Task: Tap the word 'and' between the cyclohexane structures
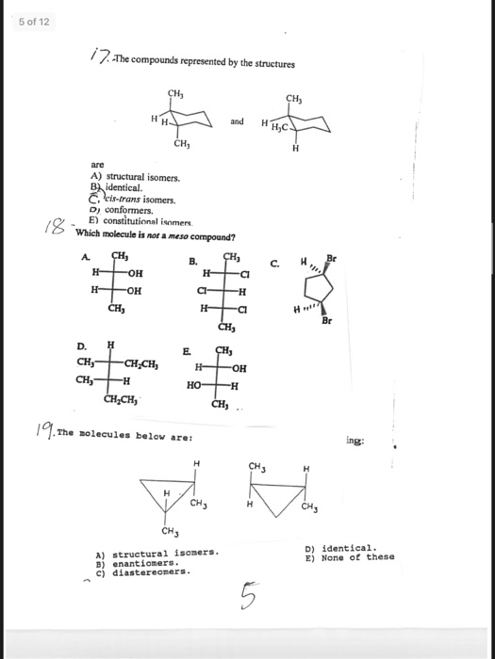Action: (237, 121)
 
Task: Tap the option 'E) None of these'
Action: (349, 556)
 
